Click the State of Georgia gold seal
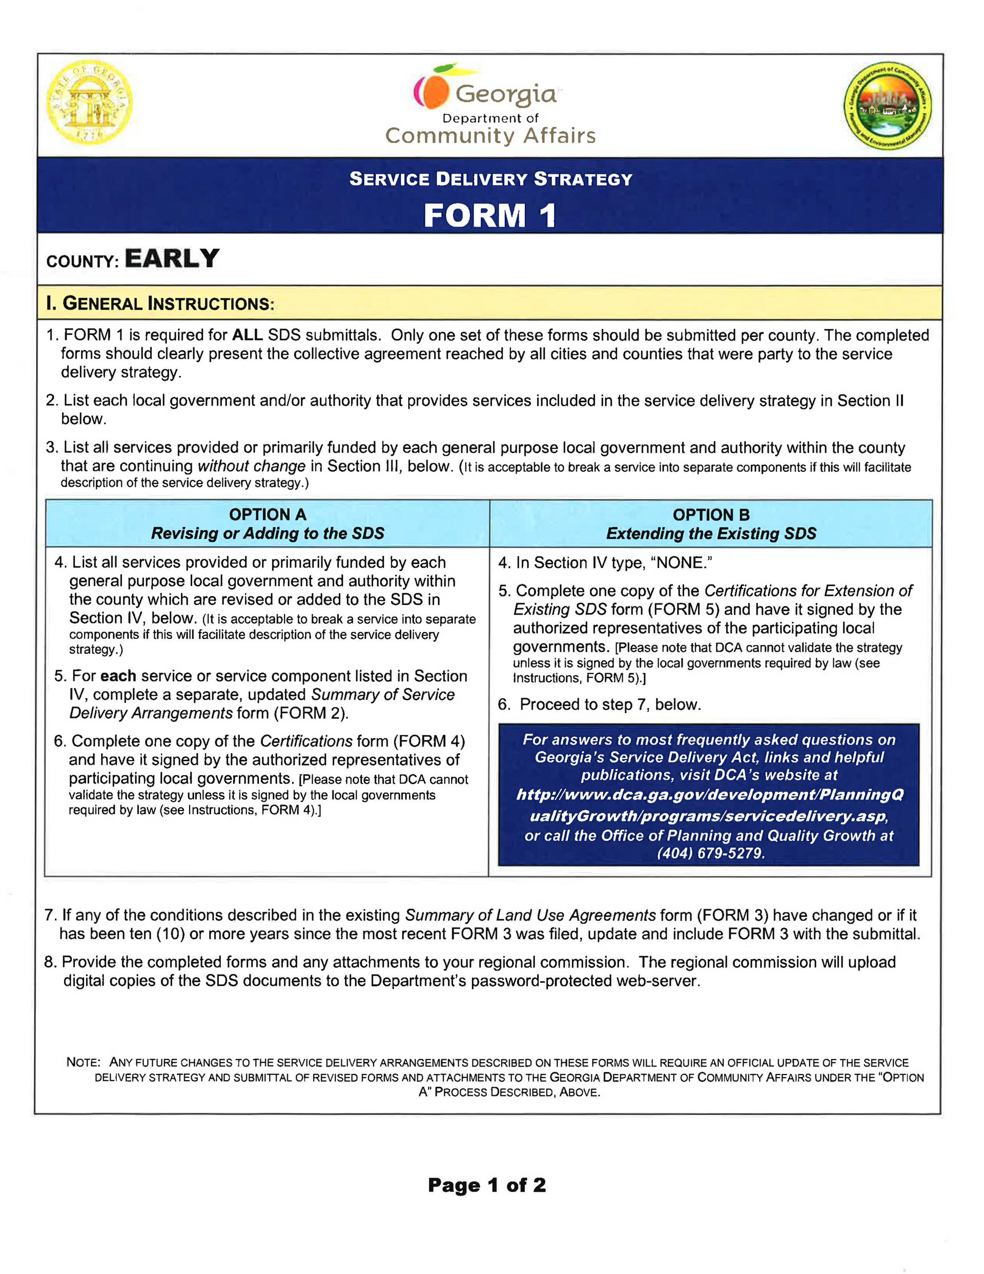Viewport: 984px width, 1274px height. pos(89,103)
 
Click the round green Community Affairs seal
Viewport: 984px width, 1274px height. pos(887,106)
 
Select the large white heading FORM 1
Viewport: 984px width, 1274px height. pos(490,215)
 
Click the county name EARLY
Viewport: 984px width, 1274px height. pos(172,258)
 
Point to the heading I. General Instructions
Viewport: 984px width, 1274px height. pos(160,304)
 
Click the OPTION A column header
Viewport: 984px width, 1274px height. pos(267,515)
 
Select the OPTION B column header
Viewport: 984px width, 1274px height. pos(711,515)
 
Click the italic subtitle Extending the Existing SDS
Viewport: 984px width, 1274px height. pos(711,533)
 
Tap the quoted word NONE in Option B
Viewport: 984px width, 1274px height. pos(681,562)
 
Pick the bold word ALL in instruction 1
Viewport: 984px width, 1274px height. pos(248,335)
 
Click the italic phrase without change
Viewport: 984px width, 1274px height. pos(252,466)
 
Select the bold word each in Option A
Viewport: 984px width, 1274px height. pos(118,676)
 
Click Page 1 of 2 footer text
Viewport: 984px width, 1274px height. pos(487,1185)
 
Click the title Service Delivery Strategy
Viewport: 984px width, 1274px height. pos(490,178)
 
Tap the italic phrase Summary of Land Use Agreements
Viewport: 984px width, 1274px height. pos(530,915)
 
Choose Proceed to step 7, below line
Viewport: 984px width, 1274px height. pos(609,704)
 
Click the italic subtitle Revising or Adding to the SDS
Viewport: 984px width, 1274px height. pos(267,533)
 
